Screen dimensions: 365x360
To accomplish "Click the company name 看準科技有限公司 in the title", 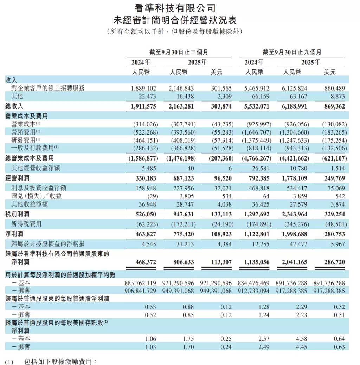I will click(x=175, y=8).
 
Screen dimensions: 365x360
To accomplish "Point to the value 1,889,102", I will click(x=143, y=88).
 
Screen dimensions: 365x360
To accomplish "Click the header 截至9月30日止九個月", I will click(x=291, y=52).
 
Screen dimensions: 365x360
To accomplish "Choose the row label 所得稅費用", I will click(x=27, y=224).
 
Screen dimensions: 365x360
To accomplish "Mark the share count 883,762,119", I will click(x=140, y=283).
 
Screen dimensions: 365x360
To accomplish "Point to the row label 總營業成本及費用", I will click(x=30, y=158).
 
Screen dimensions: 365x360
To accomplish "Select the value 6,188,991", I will click(x=295, y=106).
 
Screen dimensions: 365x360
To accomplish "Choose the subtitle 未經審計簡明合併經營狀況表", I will click(x=175, y=20).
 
